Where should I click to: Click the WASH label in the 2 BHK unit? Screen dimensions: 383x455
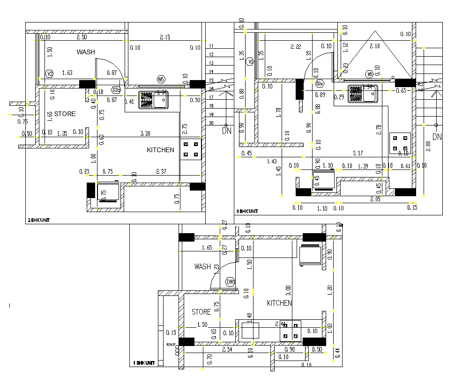(86, 52)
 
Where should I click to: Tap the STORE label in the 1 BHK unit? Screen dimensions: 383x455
(201, 312)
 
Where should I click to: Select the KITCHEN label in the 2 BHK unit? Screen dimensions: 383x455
(160, 150)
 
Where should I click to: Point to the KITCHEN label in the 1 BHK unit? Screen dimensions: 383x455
(279, 303)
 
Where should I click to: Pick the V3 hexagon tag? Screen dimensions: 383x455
(250, 62)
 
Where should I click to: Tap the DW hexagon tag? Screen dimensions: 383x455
(230, 282)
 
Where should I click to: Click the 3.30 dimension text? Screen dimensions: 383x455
(145, 133)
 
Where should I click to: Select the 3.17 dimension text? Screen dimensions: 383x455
(358, 153)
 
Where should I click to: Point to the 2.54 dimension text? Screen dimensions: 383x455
(227, 349)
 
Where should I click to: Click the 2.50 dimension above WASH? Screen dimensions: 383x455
(82, 37)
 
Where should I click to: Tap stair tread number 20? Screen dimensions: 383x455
(211, 123)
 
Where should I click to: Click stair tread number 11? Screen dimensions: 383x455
(211, 46)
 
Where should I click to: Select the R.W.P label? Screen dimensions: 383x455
(171, 345)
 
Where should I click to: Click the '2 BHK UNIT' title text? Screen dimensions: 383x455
(38, 220)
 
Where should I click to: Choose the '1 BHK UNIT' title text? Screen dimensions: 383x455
(144, 363)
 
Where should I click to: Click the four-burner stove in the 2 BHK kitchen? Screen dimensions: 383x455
(191, 149)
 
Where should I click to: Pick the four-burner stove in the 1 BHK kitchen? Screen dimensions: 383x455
(290, 331)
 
